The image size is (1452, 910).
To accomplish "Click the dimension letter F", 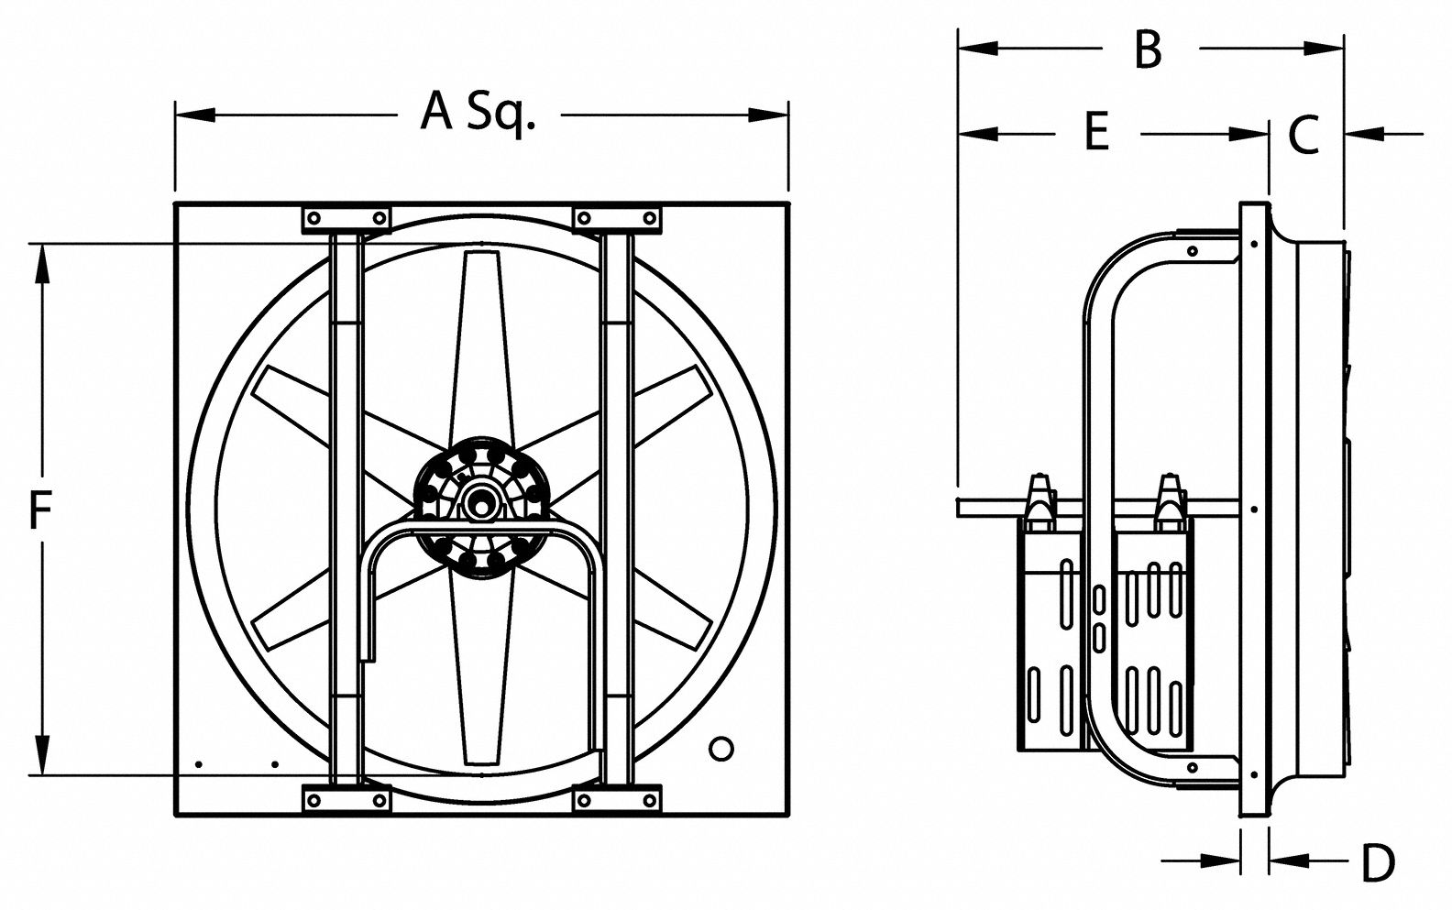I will (x=38, y=510).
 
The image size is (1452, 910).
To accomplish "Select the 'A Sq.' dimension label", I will (x=477, y=113).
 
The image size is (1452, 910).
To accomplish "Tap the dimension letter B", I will (x=1148, y=49).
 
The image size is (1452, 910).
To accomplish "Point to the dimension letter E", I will (x=1097, y=132).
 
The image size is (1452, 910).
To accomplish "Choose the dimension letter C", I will (x=1303, y=135).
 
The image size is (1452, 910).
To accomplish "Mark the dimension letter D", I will (x=1377, y=861).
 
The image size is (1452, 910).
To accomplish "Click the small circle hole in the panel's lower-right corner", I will (x=722, y=747).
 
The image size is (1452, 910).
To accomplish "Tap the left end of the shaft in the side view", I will (x=959, y=506).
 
